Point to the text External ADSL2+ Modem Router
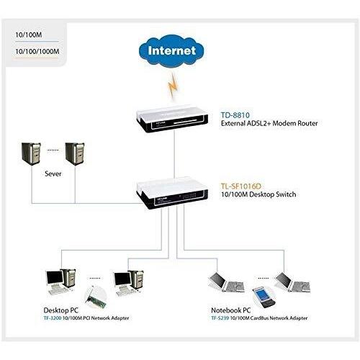[269, 124]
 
